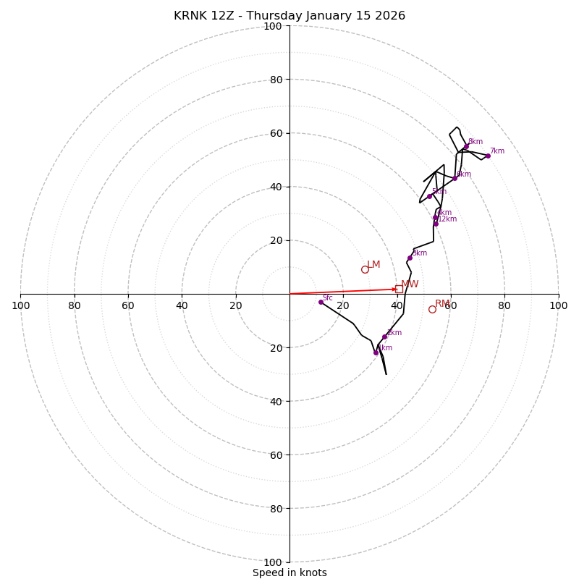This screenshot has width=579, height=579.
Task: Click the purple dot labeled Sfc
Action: pyautogui.click(x=321, y=302)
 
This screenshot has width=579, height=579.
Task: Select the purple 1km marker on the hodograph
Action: pyautogui.click(x=376, y=353)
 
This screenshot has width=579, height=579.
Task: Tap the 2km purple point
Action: pyautogui.click(x=384, y=337)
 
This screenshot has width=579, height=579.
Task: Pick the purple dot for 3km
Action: pyautogui.click(x=410, y=258)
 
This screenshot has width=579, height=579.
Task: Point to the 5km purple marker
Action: pyautogui.click(x=429, y=196)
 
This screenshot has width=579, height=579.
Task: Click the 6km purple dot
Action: pyautogui.click(x=455, y=178)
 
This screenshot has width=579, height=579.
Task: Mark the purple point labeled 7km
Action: pyautogui.click(x=488, y=156)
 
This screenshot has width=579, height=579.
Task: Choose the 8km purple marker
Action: pyautogui.click(x=466, y=146)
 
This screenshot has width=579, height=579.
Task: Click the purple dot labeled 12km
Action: pyautogui.click(x=436, y=224)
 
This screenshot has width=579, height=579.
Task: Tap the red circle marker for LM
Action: pyautogui.click(x=365, y=269)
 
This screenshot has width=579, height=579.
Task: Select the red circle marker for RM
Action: pyautogui.click(x=432, y=309)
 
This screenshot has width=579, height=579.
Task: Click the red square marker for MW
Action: pyautogui.click(x=399, y=289)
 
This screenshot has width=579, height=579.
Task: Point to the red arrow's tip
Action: pyautogui.click(x=397, y=289)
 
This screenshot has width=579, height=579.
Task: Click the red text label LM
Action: pyautogui.click(x=373, y=265)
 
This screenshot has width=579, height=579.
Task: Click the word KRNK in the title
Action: pyautogui.click(x=192, y=16)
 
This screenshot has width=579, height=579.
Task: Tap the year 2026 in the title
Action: pyautogui.click(x=389, y=16)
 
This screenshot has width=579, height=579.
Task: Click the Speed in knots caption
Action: pyautogui.click(x=289, y=572)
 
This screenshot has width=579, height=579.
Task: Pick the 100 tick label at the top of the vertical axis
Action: pyautogui.click(x=273, y=26)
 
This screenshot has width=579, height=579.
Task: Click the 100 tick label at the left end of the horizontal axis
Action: pyautogui.click(x=20, y=305)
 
